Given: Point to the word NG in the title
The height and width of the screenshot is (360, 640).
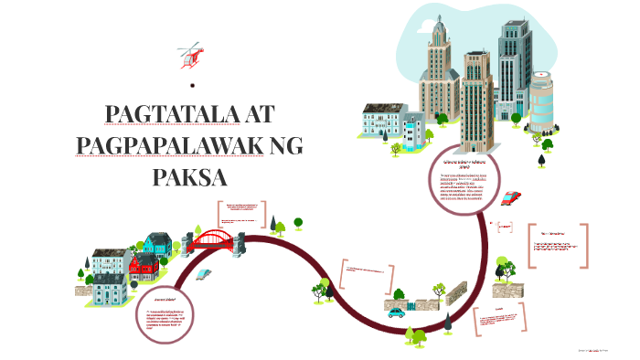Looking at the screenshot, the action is coord(289,146).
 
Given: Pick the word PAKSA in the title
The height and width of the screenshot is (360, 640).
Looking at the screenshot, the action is coord(189,175).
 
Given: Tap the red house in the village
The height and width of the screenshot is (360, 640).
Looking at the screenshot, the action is coord(143,268).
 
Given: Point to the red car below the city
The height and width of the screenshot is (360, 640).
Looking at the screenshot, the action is coord(512,197).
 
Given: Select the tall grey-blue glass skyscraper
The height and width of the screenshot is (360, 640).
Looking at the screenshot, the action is coord(515,69).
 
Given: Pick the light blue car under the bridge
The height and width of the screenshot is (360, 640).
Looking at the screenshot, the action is coord(208,272).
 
